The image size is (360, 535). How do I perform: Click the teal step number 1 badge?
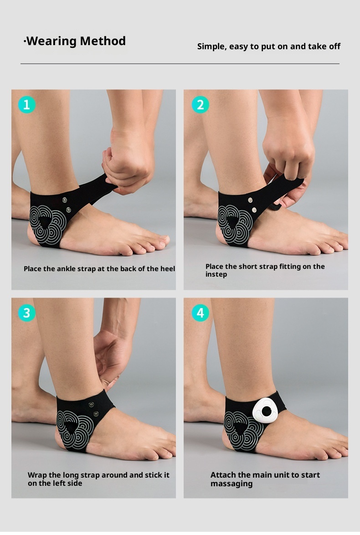coord(26,104)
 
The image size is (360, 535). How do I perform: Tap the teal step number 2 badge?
coord(201,104)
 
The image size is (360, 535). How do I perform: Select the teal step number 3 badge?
coord(26,313)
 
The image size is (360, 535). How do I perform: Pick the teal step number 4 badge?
coord(201,313)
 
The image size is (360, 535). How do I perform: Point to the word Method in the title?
coord(103,41)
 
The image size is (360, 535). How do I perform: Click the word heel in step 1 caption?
coord(168,268)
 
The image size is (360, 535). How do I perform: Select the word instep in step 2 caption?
coord(216,275)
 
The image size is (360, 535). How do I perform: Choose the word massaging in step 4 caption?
coord(231,484)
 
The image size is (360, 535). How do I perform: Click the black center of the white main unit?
coord(266,412)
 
